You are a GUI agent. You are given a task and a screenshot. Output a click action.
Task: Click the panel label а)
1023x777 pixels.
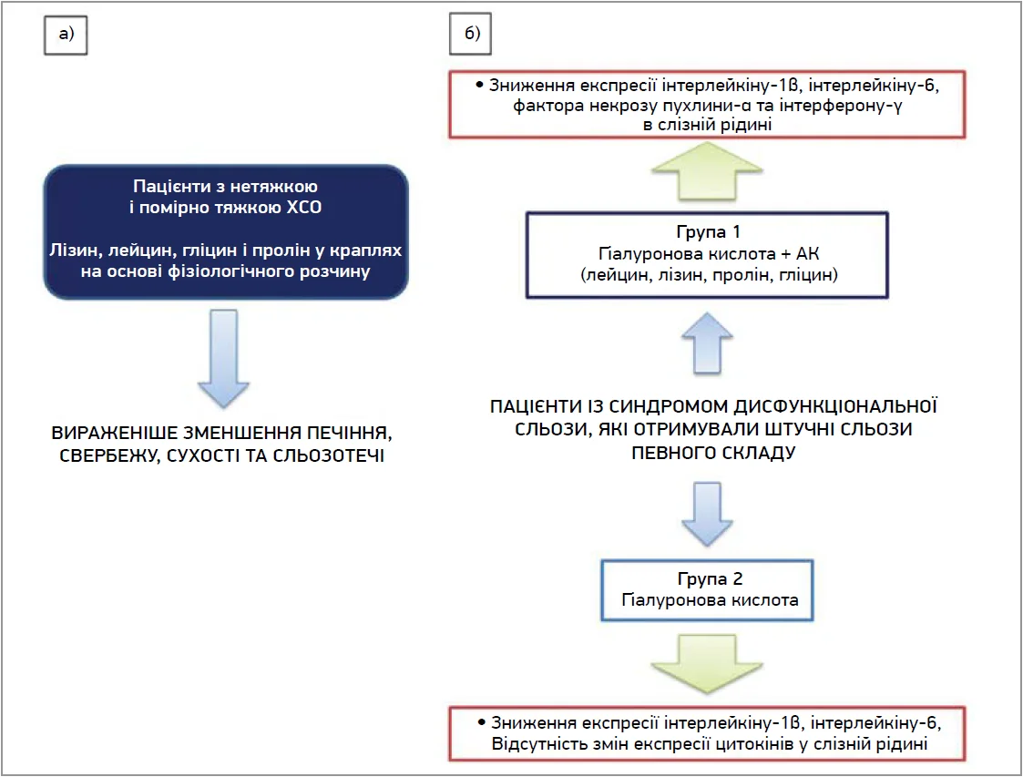(x=66, y=34)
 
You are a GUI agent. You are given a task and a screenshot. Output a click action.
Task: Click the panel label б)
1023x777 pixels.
(x=471, y=34)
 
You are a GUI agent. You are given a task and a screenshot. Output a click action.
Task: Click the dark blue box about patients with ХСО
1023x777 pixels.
(x=226, y=231)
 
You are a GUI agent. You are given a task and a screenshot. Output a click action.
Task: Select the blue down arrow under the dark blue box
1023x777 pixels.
(x=224, y=358)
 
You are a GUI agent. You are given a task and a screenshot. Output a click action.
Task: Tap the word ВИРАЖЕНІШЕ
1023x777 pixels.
(x=115, y=434)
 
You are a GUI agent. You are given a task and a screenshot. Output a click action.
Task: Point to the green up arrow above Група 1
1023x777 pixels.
(x=707, y=171)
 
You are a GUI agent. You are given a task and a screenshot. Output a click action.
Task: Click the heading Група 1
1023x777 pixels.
(x=708, y=231)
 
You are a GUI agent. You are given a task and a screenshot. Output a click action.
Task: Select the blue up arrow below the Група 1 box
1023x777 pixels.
(x=707, y=343)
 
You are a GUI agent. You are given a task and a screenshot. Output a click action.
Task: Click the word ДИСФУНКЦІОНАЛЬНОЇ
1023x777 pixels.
(x=835, y=406)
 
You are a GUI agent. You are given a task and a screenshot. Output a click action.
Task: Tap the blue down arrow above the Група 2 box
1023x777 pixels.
(x=707, y=514)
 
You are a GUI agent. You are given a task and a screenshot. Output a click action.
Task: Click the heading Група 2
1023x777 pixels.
(x=710, y=578)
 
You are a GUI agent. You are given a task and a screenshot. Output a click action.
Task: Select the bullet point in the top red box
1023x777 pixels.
(x=479, y=85)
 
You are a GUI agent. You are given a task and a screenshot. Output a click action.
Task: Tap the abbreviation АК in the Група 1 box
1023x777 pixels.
(x=808, y=253)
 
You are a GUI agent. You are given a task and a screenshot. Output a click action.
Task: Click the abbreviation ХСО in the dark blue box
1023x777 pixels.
(x=304, y=208)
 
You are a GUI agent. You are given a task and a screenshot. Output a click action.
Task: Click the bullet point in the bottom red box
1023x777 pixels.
(x=482, y=722)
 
